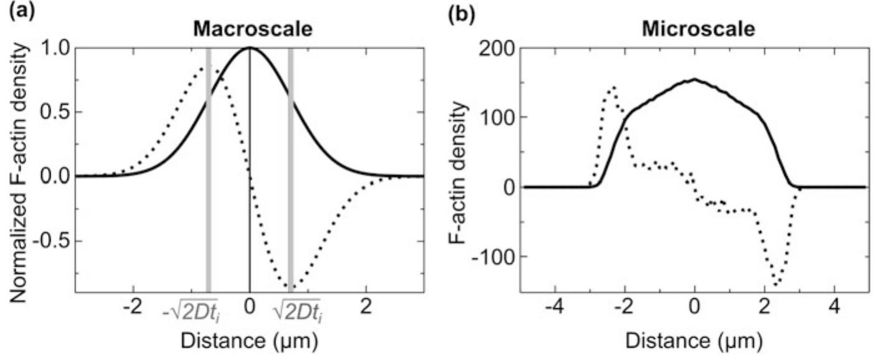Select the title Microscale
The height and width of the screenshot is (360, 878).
tap(693, 29)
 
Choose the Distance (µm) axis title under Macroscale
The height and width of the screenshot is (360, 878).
tap(249, 341)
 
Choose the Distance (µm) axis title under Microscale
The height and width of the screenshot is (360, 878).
tap(693, 341)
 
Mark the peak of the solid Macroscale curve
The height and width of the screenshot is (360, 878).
tap(250, 47)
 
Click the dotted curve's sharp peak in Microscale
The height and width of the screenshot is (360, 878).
tap(613, 87)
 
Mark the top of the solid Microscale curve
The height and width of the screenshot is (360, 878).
tap(694, 79)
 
